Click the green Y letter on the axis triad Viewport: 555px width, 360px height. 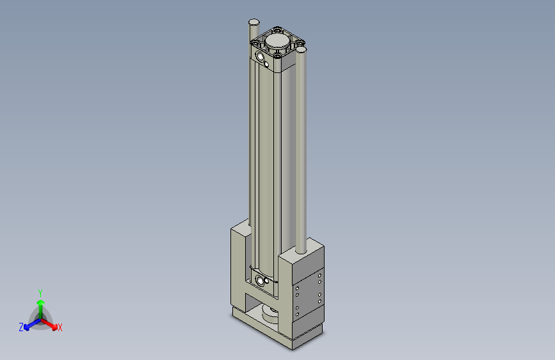40,291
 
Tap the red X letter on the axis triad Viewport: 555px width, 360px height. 60,328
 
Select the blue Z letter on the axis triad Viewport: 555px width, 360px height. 21,327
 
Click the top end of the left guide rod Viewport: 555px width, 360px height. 254,22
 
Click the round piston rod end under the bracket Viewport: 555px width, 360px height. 271,313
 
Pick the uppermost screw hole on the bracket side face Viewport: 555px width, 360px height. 320,275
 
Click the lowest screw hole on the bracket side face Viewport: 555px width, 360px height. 297,316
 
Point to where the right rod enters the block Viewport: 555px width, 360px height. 302,250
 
